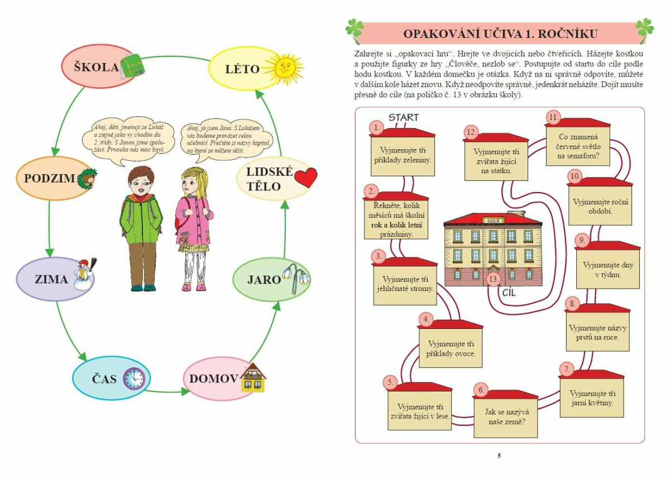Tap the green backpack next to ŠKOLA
click(133, 66)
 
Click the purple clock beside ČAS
click(133, 378)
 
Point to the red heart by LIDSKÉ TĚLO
click(305, 178)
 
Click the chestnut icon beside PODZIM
click(88, 179)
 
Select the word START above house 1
click(403, 117)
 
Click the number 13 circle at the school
click(492, 279)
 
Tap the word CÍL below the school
click(510, 293)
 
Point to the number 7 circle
click(566, 369)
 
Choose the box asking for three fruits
click(451, 348)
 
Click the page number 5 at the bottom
click(499, 456)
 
